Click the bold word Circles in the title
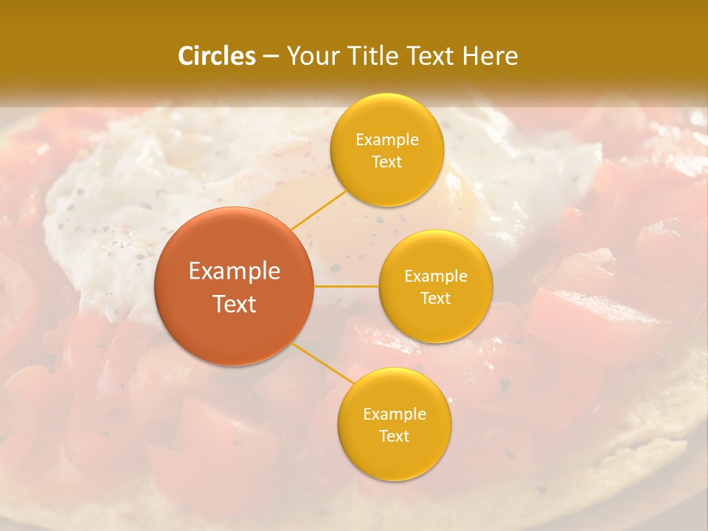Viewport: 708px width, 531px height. click(x=216, y=56)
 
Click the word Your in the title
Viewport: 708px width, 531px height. click(x=313, y=56)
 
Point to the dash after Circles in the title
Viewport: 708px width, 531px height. click(x=271, y=57)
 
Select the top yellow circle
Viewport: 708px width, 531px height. click(x=386, y=150)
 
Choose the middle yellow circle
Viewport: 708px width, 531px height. click(x=435, y=286)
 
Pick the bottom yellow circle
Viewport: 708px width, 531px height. click(x=394, y=424)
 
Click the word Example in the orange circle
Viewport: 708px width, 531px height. click(x=235, y=271)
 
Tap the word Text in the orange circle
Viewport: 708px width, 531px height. click(x=235, y=304)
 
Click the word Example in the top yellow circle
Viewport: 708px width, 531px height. click(x=386, y=139)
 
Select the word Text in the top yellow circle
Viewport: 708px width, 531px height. click(x=386, y=162)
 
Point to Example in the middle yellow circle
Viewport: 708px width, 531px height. click(x=435, y=276)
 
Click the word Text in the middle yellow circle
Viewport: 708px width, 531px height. click(x=435, y=298)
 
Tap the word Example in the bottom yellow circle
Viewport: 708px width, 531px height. click(x=394, y=414)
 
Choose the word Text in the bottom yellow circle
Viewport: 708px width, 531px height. click(x=394, y=436)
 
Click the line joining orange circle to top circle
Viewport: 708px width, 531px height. click(x=319, y=209)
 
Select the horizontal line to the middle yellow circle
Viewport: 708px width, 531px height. click(x=346, y=286)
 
